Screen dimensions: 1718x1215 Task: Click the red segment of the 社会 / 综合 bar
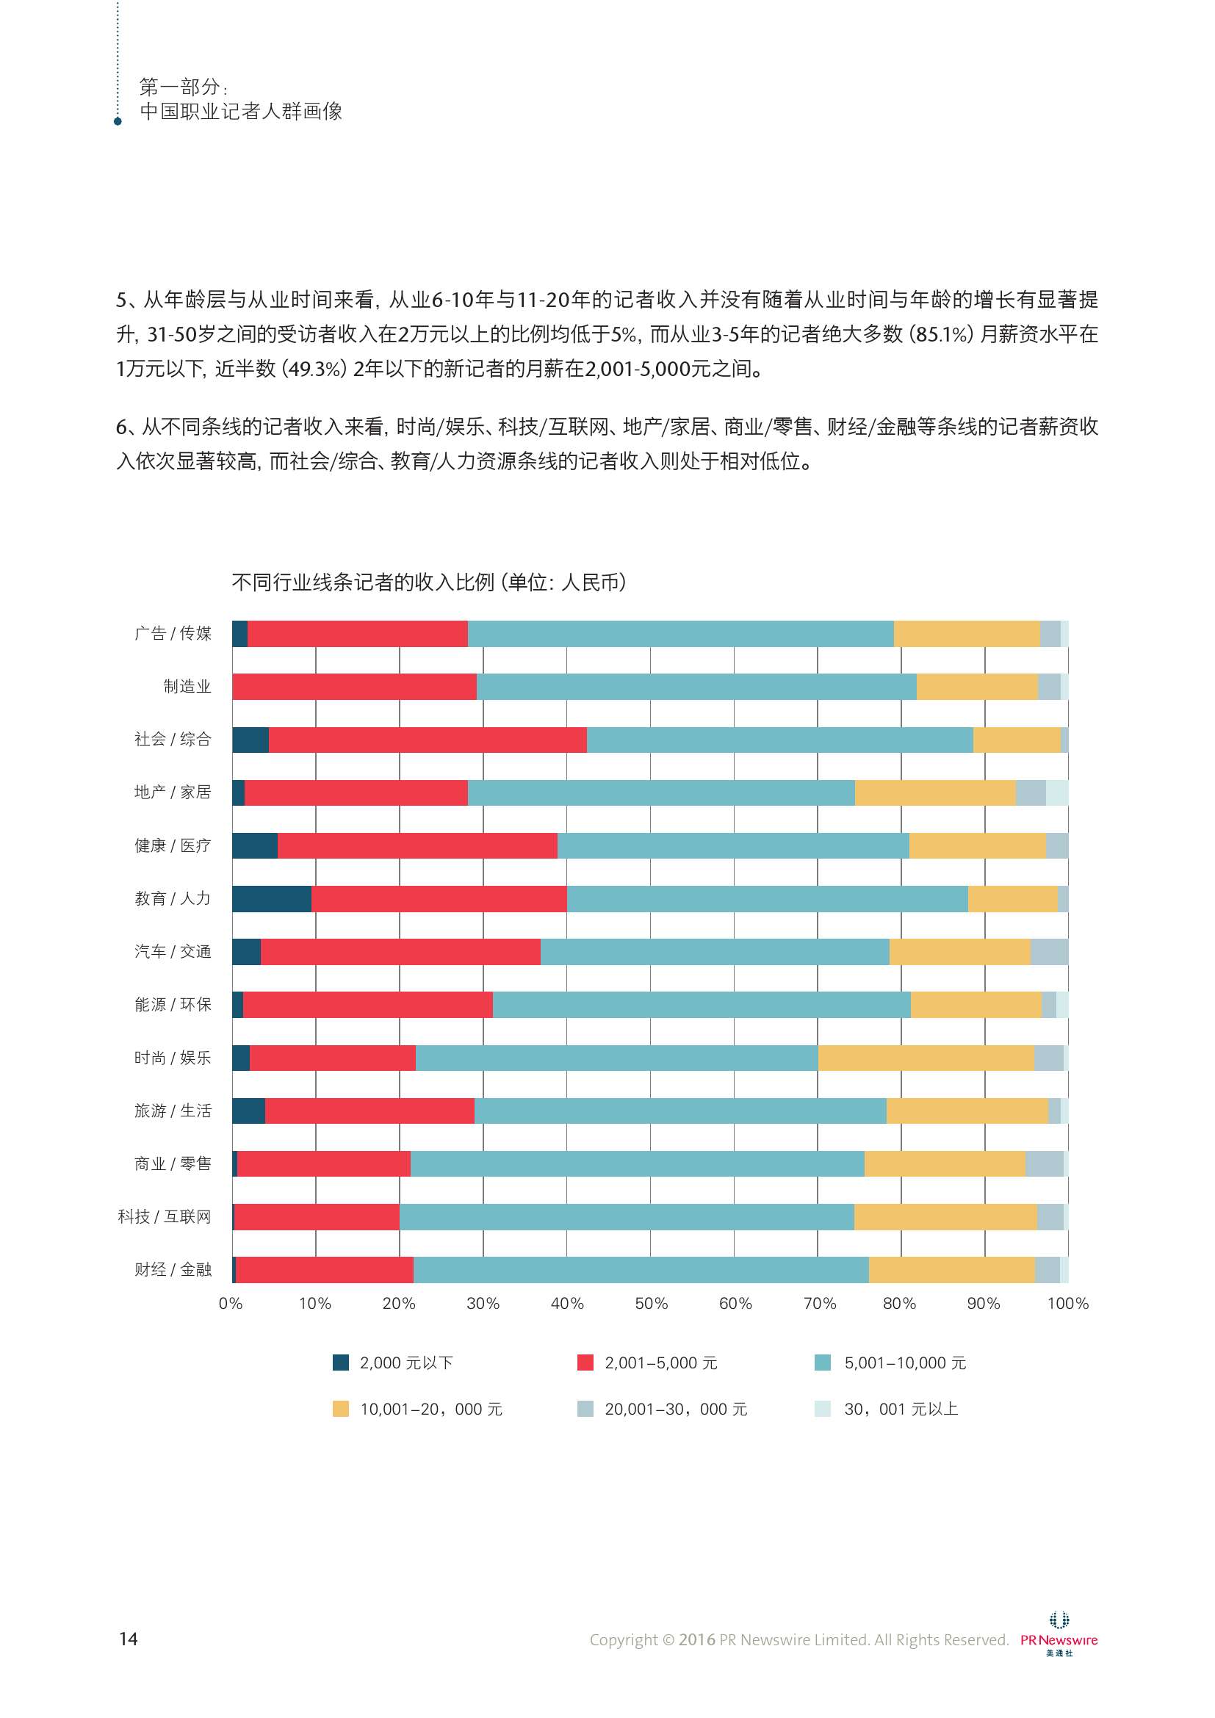coord(428,740)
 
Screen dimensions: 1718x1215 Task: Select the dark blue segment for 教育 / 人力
coord(272,898)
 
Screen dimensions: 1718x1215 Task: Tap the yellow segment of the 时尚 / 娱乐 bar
coord(926,1057)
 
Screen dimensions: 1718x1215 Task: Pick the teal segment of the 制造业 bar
coord(696,686)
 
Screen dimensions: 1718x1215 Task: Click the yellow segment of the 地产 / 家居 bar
coord(935,793)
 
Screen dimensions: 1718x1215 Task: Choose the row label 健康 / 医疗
coord(173,845)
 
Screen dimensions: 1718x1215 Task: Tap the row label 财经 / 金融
coord(173,1269)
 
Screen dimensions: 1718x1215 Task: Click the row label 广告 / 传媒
coord(173,633)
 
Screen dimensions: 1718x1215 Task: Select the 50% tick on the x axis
coord(651,1304)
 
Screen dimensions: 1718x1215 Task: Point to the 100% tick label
coord(1067,1304)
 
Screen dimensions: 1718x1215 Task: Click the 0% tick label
coord(231,1304)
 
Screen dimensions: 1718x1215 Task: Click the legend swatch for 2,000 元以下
coord(340,1363)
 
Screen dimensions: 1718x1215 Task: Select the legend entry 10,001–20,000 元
coord(431,1409)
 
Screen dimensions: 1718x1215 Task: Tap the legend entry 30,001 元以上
coord(901,1409)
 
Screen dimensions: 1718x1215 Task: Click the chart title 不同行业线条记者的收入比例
coord(428,582)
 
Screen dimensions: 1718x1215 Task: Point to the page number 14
coord(128,1639)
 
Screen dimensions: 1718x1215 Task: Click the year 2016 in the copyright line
coord(696,1639)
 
